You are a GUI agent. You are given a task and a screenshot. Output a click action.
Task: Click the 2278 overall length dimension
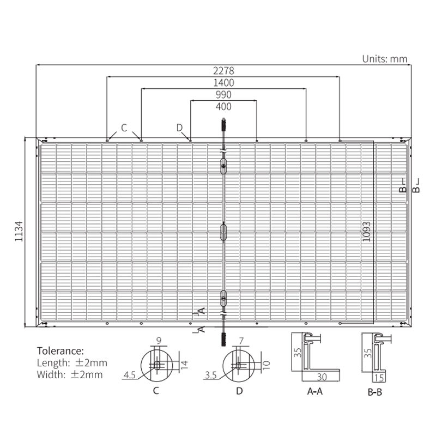[x=223, y=71]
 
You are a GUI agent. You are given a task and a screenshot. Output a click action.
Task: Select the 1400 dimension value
[x=223, y=83]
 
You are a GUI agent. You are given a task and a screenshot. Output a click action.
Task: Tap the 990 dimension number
[x=223, y=95]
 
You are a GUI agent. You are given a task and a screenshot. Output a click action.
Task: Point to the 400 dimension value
[x=223, y=107]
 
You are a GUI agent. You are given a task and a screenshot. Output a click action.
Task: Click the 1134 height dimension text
[x=19, y=231]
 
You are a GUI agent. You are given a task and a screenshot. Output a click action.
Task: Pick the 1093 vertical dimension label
[x=366, y=231]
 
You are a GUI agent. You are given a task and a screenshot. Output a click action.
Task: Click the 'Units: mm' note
[x=385, y=59]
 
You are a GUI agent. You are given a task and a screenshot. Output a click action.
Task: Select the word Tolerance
[x=60, y=350]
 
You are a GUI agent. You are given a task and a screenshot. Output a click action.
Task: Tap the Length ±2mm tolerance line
[x=72, y=362]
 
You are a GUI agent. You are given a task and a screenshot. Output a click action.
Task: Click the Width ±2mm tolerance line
[x=70, y=374]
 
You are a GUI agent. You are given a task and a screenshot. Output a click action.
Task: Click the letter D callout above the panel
[x=180, y=128]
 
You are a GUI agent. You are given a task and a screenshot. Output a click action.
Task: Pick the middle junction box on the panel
[x=222, y=232]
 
